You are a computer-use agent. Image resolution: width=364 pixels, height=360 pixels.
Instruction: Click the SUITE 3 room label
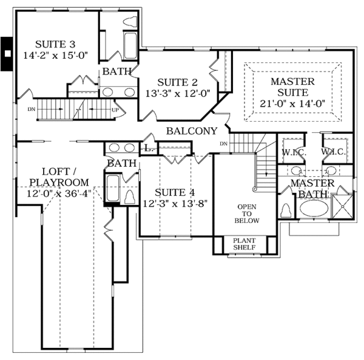click(x=55, y=44)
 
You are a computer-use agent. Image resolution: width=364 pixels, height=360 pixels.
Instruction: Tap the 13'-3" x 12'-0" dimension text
click(x=177, y=93)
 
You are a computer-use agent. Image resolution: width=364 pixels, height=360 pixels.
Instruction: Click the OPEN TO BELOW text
click(x=248, y=213)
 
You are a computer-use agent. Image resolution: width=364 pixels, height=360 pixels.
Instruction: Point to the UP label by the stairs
click(x=115, y=110)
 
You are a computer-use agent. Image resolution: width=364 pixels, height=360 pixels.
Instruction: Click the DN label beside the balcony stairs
click(x=223, y=144)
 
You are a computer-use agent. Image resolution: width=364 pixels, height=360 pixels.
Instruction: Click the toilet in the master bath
click(x=286, y=210)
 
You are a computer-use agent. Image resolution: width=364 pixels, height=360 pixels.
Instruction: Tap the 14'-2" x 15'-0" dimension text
click(x=55, y=56)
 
